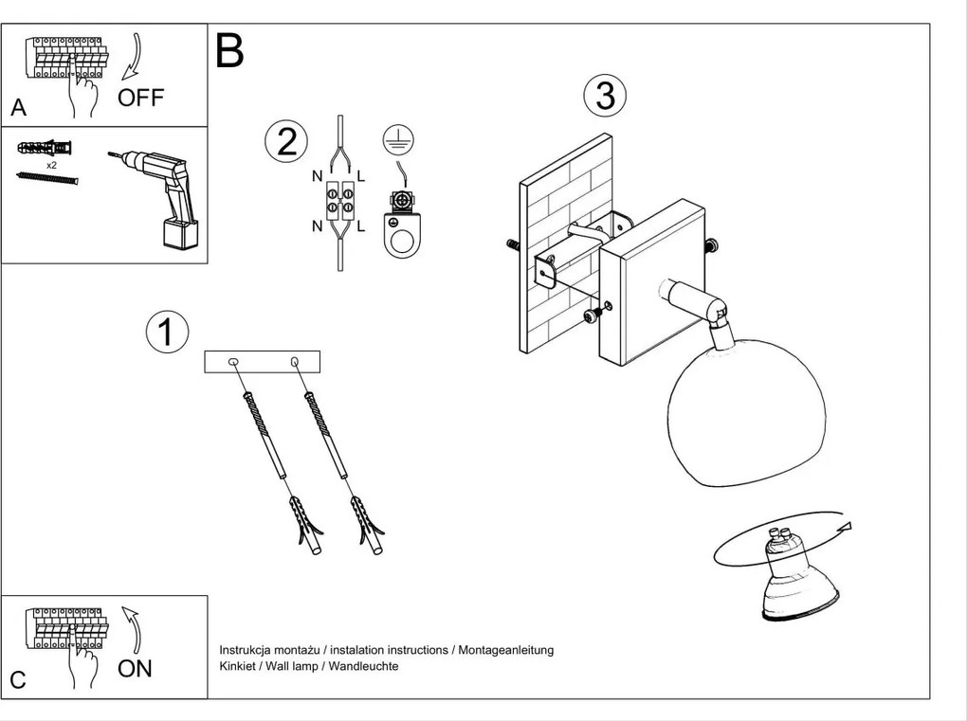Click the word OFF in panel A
click(140, 98)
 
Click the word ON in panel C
click(135, 668)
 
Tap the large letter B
click(229, 51)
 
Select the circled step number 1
click(167, 332)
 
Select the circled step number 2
click(286, 141)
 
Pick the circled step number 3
click(606, 96)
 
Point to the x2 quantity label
click(51, 164)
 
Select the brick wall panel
click(565, 244)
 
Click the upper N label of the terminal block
click(317, 176)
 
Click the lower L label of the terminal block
click(362, 225)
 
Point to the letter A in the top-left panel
click(18, 109)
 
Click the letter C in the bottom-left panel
click(18, 679)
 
